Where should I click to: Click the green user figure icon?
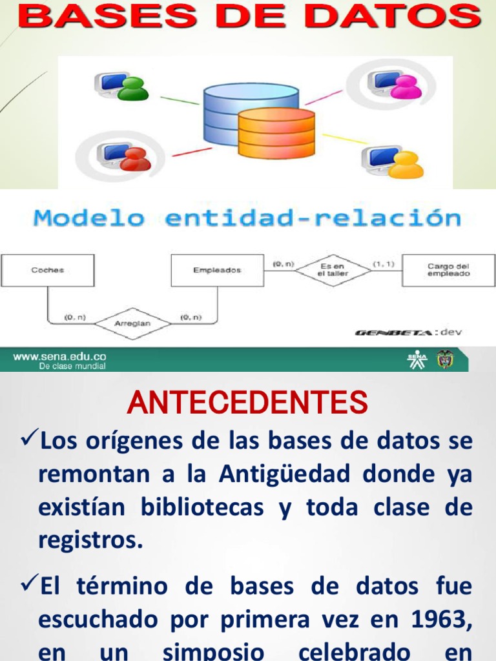(x=134, y=89)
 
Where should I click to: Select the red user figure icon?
(x=135, y=159)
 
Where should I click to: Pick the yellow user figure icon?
(x=406, y=165)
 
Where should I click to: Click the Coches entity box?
(x=48, y=270)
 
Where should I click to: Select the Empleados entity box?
(x=217, y=270)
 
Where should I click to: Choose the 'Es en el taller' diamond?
(x=333, y=270)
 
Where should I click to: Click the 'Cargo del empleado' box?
(x=448, y=270)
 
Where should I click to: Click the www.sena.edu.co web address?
(x=59, y=356)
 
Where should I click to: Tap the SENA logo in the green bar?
(x=417, y=359)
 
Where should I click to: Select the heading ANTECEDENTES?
(x=247, y=403)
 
